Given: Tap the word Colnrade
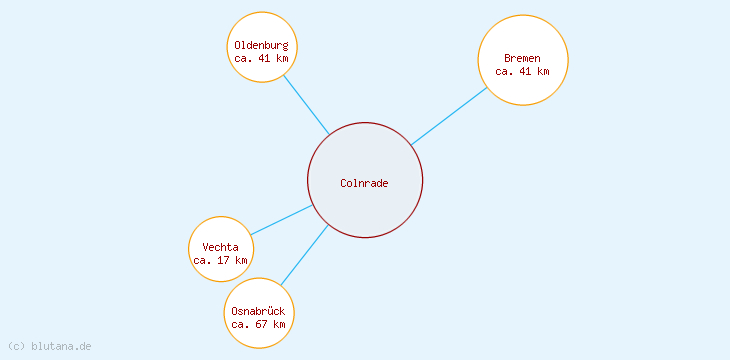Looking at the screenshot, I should click(364, 183).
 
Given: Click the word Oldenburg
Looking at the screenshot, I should click(262, 45).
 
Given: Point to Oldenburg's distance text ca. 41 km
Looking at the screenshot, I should click(262, 58).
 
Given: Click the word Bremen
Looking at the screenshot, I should click(522, 58).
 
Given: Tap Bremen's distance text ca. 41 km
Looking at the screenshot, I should click(522, 71).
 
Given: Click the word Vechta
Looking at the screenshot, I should click(220, 247).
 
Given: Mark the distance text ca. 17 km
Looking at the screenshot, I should click(220, 260).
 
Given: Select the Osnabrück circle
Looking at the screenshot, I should click(258, 294).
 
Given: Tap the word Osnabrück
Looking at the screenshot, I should click(258, 311).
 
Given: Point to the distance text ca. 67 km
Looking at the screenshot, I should click(258, 324).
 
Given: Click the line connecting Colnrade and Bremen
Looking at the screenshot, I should click(449, 116).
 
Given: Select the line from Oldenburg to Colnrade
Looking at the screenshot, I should click(306, 105).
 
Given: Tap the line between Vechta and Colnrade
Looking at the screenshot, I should click(282, 220).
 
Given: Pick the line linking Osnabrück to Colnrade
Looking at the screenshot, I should click(304, 255).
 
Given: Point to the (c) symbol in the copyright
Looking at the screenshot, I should click(16, 346).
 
